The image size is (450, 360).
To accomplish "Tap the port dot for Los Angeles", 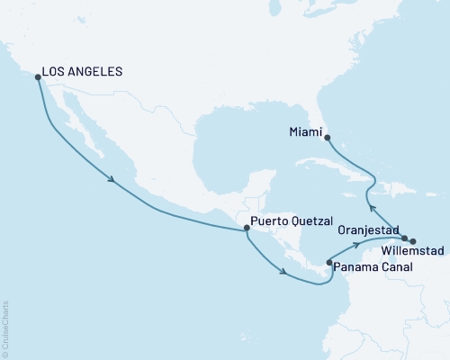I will click(38, 77).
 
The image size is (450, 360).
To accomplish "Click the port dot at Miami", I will click(326, 138).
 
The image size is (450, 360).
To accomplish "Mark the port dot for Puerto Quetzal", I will click(247, 229).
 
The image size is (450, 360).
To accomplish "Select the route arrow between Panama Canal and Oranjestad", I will click(356, 243).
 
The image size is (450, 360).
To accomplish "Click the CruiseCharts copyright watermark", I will click(6, 328).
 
